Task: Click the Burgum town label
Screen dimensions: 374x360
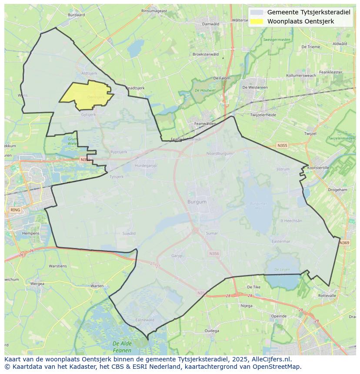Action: point(197,202)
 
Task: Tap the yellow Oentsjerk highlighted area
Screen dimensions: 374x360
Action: point(87,95)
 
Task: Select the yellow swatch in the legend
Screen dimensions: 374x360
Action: point(257,21)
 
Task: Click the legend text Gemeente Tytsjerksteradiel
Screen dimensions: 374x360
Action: point(309,12)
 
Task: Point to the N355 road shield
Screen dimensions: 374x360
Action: point(282,146)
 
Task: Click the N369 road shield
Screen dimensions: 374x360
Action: point(344,242)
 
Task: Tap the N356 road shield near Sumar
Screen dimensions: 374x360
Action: point(214,254)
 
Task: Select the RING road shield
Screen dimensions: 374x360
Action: point(15,210)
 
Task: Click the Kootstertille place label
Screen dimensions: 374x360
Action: point(319,167)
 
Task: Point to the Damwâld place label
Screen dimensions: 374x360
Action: point(211,24)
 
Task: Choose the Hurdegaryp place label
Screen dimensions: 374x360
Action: point(146,165)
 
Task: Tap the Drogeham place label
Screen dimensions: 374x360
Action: point(337,190)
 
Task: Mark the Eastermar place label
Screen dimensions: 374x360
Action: point(281,242)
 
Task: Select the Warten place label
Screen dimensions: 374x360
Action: point(97,286)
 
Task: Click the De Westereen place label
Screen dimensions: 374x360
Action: point(255,87)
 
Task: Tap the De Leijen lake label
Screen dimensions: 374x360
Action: point(282,270)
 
